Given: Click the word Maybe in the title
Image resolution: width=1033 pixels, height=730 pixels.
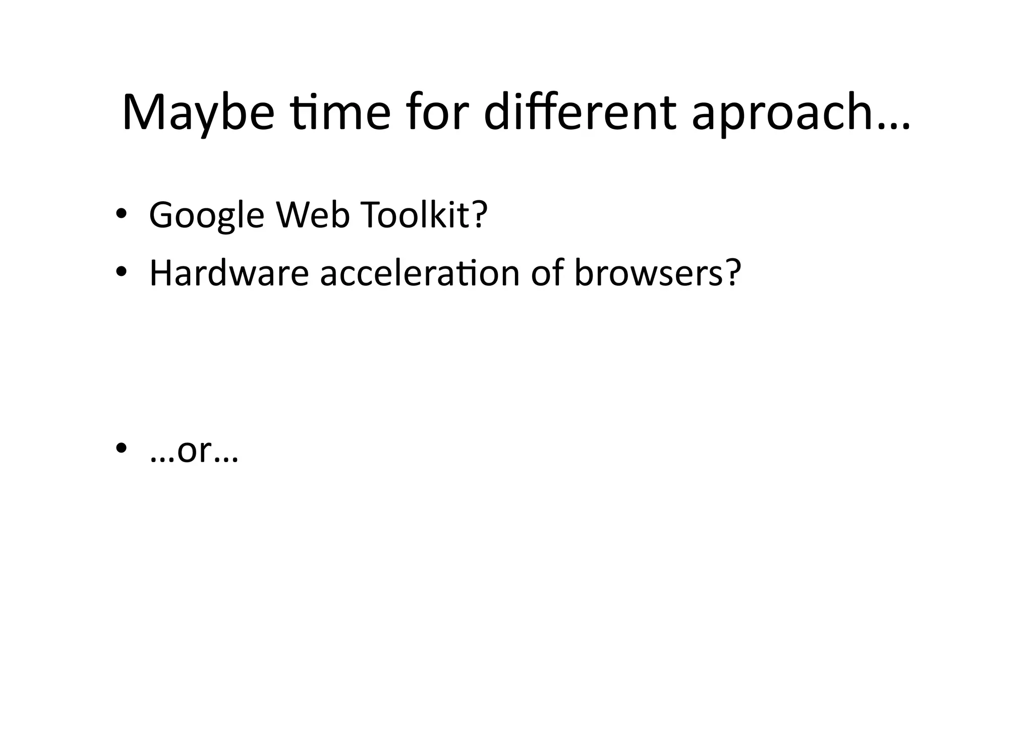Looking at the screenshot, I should [x=198, y=113].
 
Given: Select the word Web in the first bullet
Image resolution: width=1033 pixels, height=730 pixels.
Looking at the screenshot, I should [x=313, y=214].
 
